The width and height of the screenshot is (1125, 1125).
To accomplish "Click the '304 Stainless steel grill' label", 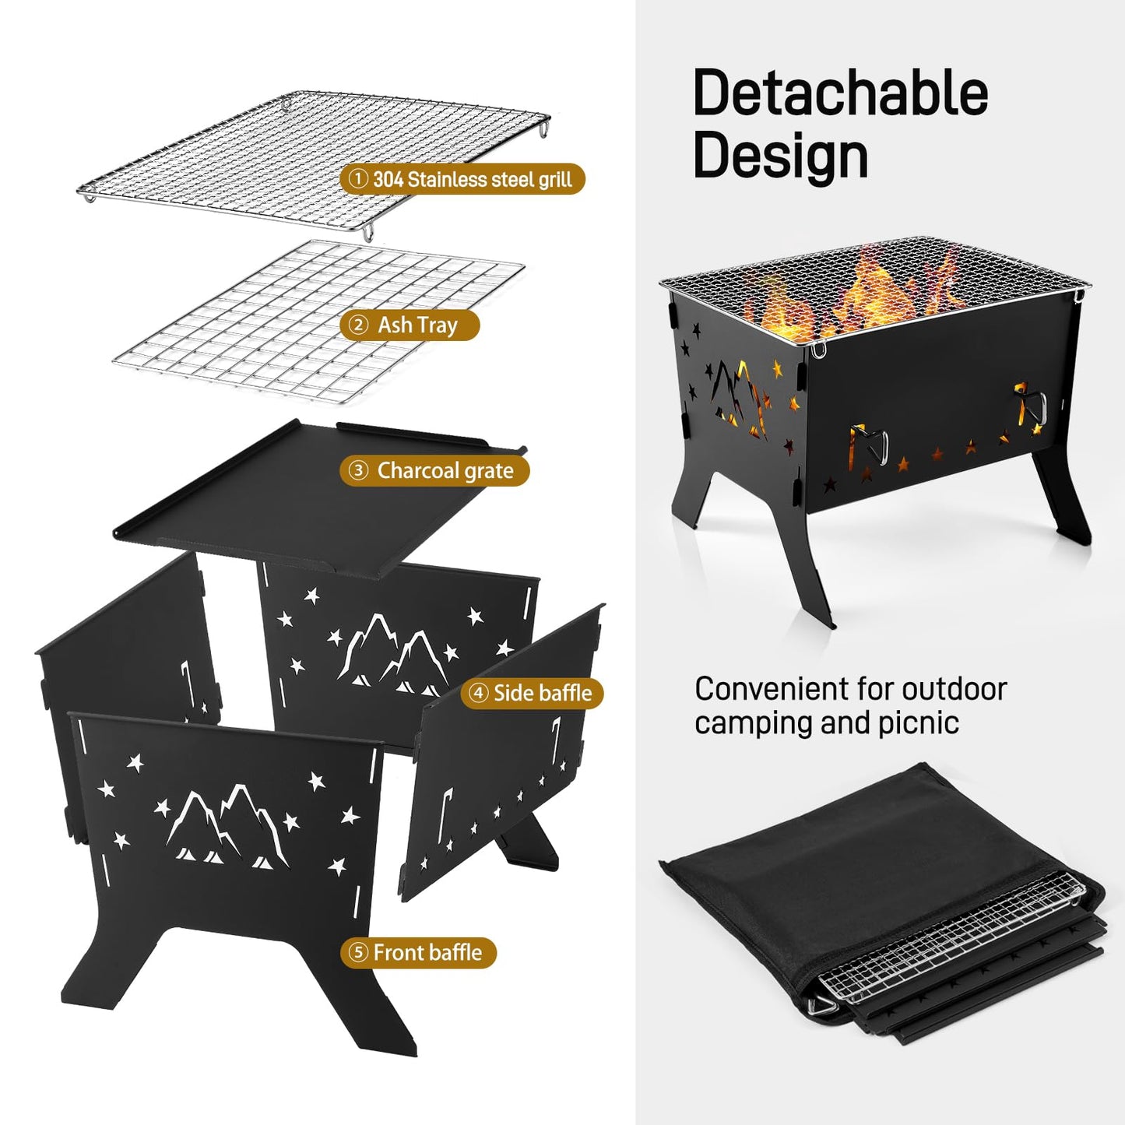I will (462, 179).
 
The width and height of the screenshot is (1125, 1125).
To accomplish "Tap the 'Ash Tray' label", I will (409, 325).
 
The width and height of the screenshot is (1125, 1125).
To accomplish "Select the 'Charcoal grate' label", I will (434, 470).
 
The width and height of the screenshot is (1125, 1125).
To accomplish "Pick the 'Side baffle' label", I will (532, 692).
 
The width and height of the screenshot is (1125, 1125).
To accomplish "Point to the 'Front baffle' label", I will (418, 952).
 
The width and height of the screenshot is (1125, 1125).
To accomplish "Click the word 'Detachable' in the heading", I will (840, 93).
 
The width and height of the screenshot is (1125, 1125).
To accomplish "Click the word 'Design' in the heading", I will (780, 156).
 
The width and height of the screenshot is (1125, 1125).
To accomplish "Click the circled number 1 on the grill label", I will (357, 179).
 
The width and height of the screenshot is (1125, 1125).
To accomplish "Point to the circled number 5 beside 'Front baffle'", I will (358, 952).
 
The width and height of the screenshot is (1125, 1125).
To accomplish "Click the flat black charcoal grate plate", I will (311, 498).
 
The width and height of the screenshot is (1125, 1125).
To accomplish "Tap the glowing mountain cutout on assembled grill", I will (740, 397).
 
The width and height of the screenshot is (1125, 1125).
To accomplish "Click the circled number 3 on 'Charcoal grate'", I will (358, 470).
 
